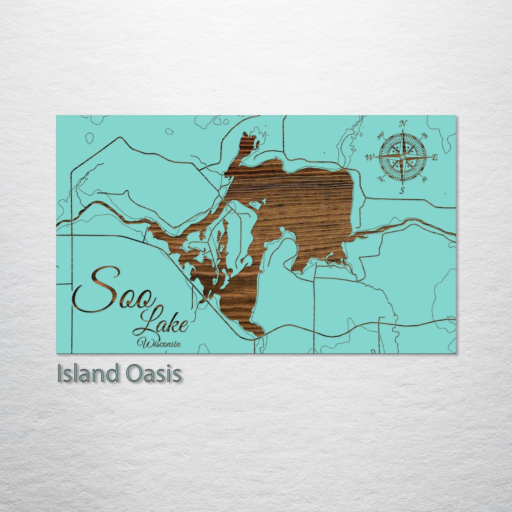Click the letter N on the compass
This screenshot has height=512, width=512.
click(403, 124)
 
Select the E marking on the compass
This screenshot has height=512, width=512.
click(435, 158)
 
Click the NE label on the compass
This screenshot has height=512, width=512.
click(424, 135)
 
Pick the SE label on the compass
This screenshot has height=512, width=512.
click(424, 179)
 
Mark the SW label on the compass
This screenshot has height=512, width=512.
click(381, 179)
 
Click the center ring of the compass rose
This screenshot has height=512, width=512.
click(402, 157)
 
